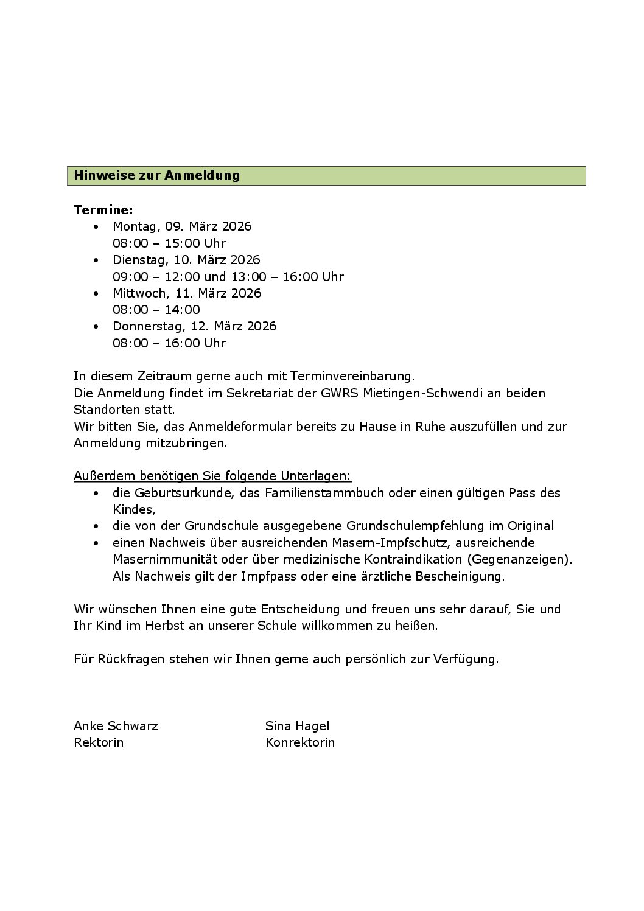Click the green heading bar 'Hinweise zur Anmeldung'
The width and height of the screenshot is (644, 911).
click(326, 176)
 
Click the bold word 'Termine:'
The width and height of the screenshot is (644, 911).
click(103, 210)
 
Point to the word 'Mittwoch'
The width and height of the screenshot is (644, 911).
click(141, 293)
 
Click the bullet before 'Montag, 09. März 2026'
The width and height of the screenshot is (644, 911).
click(96, 227)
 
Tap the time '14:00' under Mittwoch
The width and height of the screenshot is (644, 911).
click(183, 310)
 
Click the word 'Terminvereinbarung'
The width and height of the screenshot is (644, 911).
click(352, 376)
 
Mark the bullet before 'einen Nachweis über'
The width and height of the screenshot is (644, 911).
click(96, 543)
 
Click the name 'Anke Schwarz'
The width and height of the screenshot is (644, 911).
click(116, 726)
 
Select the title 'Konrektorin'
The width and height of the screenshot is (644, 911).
click(299, 742)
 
